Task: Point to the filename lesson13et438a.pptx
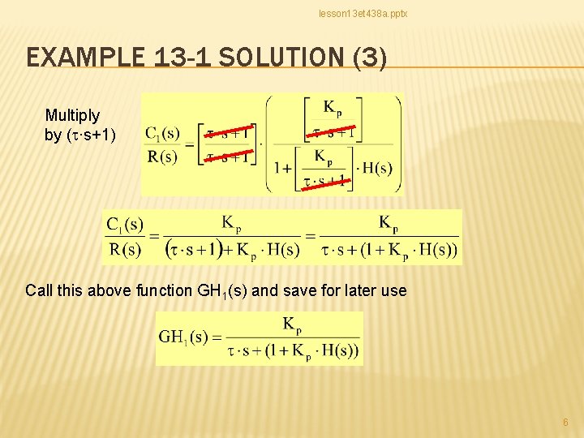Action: pos(363,15)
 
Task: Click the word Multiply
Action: pos(72,116)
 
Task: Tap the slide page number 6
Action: pos(565,423)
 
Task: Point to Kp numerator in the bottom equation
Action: pos(292,325)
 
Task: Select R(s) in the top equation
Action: pos(162,157)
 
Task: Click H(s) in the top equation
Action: pos(376,169)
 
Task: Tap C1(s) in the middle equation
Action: pos(126,223)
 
